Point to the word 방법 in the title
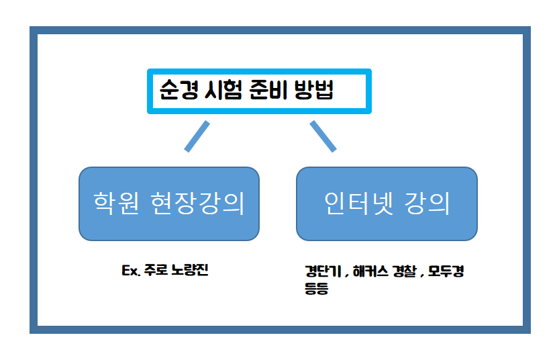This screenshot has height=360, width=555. pyautogui.click(x=314, y=91)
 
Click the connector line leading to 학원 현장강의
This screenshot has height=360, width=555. pyautogui.click(x=197, y=136)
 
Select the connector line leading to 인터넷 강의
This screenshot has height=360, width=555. pyautogui.click(x=323, y=136)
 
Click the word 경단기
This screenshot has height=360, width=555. pyautogui.click(x=320, y=273)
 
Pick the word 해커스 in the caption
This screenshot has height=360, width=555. pyautogui.click(x=366, y=273)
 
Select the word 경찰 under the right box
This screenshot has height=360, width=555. pyautogui.click(x=405, y=273)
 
